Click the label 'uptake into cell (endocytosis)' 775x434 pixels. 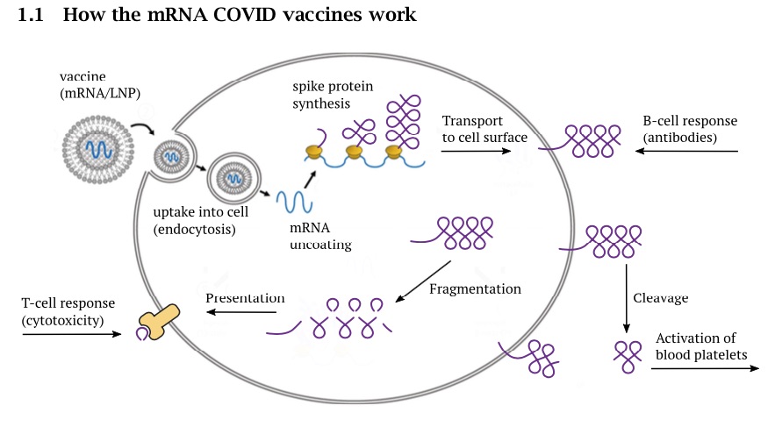click(201, 221)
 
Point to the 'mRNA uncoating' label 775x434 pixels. click(320, 236)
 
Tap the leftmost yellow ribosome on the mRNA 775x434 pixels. click(313, 153)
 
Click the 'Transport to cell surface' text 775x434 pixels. click(484, 129)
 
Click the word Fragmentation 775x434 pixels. click(475, 288)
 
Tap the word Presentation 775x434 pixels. click(245, 298)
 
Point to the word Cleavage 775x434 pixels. click(660, 298)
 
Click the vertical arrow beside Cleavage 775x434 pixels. click(626, 298)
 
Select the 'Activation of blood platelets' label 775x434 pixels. click(700, 346)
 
